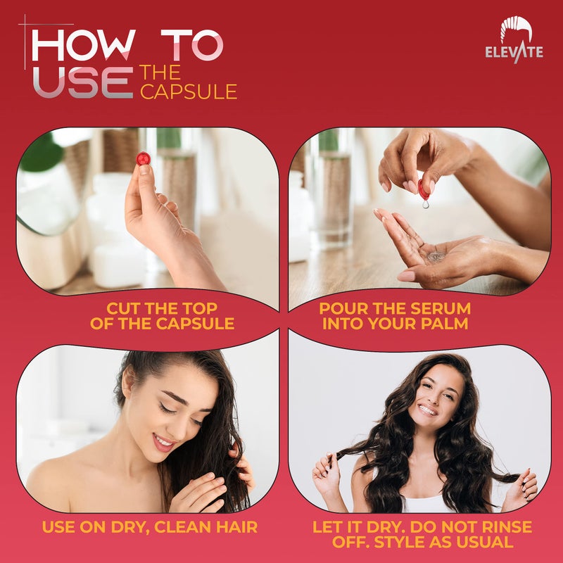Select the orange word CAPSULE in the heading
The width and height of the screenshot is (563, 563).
click(x=189, y=91)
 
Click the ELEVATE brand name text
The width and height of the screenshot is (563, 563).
click(x=514, y=52)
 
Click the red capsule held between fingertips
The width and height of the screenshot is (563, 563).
click(x=143, y=158)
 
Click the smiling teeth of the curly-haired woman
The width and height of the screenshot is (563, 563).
click(x=427, y=409)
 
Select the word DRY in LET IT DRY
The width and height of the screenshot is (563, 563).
click(x=388, y=526)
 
